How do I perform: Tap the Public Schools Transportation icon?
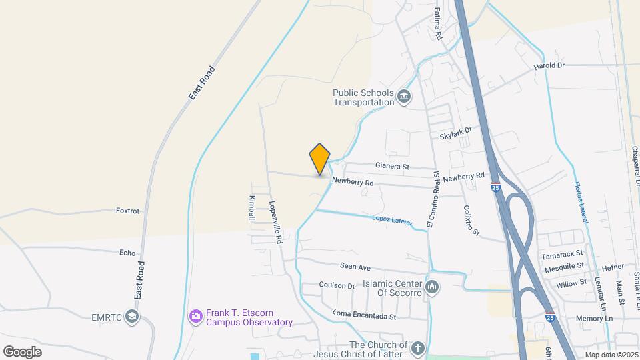[x=404, y=98]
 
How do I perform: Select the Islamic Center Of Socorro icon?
[x=432, y=288]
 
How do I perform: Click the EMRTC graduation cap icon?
[x=133, y=316]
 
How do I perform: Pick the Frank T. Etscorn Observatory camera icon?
[x=195, y=315]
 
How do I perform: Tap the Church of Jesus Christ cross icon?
[x=417, y=348]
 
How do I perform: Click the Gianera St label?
[x=392, y=165]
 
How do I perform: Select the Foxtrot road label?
[x=127, y=211]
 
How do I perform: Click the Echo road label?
[x=127, y=253]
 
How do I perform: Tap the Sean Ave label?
[x=355, y=267]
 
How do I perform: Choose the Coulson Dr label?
[x=337, y=285]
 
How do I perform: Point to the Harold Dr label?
[x=549, y=65]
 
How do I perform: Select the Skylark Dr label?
[x=455, y=133]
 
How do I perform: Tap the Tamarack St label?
[x=563, y=253]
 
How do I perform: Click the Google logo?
[x=22, y=351]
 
